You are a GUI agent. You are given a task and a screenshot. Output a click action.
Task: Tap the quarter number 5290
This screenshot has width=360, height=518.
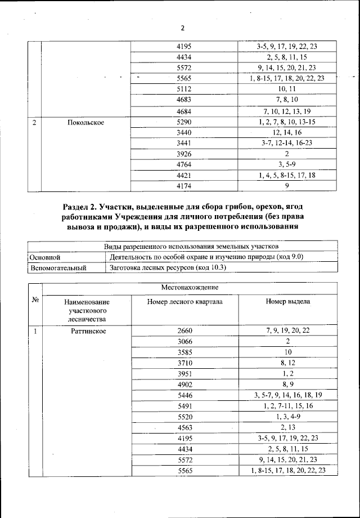click(x=184, y=121)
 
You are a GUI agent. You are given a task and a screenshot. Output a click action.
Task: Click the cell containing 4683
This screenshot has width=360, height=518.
click(x=184, y=99)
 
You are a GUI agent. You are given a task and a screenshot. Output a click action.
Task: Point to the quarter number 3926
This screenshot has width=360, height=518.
click(x=184, y=153)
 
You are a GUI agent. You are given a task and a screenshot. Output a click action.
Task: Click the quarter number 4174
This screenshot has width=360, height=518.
click(x=184, y=185)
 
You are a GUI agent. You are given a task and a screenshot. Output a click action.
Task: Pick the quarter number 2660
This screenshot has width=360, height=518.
click(x=184, y=331)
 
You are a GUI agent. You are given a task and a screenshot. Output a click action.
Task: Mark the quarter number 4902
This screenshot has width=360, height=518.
click(x=184, y=385)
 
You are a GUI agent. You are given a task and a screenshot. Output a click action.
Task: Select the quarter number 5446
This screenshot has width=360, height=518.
click(x=184, y=395)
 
